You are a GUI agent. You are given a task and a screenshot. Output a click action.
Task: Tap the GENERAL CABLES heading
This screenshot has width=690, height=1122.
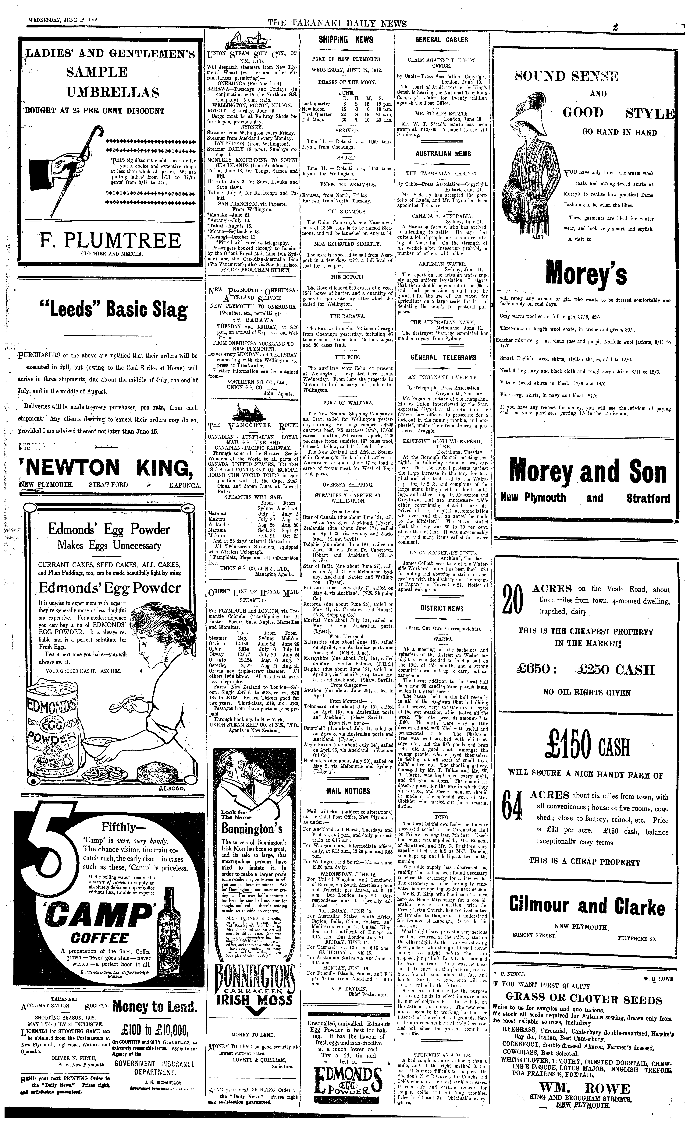click(x=441, y=40)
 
